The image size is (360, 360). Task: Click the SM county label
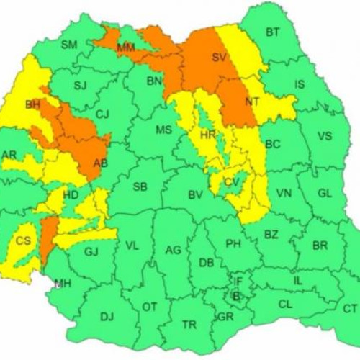pyautogui.click(x=68, y=45)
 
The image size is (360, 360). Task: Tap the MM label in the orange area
pyautogui.click(x=126, y=48)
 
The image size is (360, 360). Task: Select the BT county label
pyautogui.click(x=272, y=32)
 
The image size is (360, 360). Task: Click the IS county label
pyautogui.click(x=300, y=84)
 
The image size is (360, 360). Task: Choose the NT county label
pyautogui.click(x=251, y=102)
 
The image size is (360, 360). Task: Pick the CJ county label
pyautogui.click(x=102, y=113)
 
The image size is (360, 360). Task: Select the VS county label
pyautogui.click(x=325, y=135)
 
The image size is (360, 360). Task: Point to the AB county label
pyautogui.click(x=101, y=163)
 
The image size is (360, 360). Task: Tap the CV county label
pyautogui.click(x=231, y=182)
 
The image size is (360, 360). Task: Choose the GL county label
pyautogui.click(x=325, y=193)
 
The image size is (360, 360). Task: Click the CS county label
pyautogui.click(x=24, y=240)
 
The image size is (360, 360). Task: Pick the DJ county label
pyautogui.click(x=107, y=316)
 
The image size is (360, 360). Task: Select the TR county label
pyautogui.click(x=189, y=325)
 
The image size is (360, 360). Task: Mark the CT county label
pyautogui.click(x=350, y=308)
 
